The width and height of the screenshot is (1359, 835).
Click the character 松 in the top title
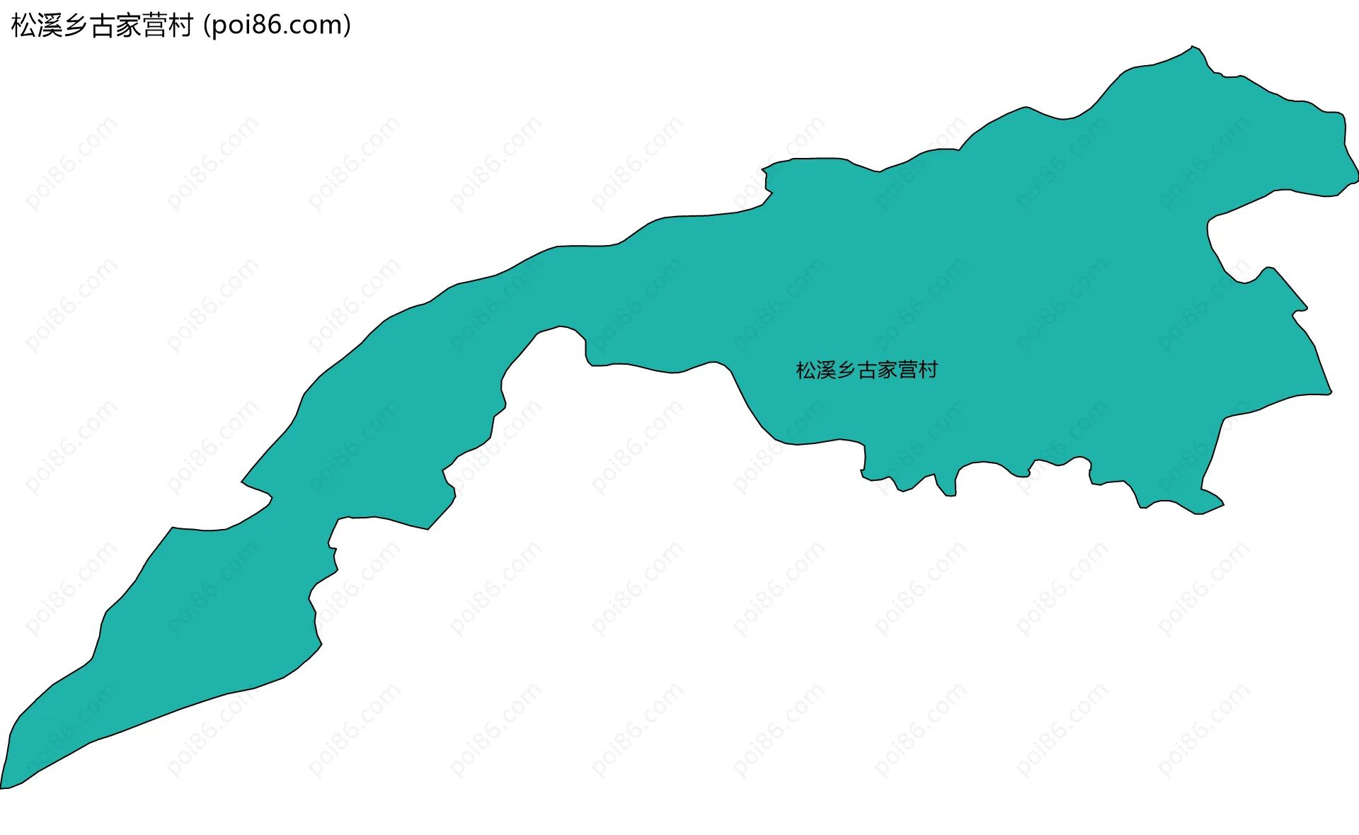[24, 25]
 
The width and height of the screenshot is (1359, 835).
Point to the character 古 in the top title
[102, 25]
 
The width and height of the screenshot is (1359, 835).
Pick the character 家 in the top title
[128, 25]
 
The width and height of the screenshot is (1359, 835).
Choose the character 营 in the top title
[154, 25]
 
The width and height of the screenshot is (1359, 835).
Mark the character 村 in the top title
[180, 25]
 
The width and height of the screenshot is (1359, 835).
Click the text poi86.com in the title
[277, 25]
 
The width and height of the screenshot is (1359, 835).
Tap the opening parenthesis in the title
[207, 25]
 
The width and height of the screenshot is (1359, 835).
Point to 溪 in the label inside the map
[827, 370]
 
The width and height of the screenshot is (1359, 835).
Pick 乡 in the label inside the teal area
[847, 370]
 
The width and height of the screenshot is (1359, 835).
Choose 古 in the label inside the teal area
[867, 370]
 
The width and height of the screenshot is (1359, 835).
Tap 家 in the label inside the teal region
[887, 370]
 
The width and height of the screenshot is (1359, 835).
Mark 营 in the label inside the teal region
[907, 370]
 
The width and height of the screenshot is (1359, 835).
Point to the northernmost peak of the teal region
[1193, 47]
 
